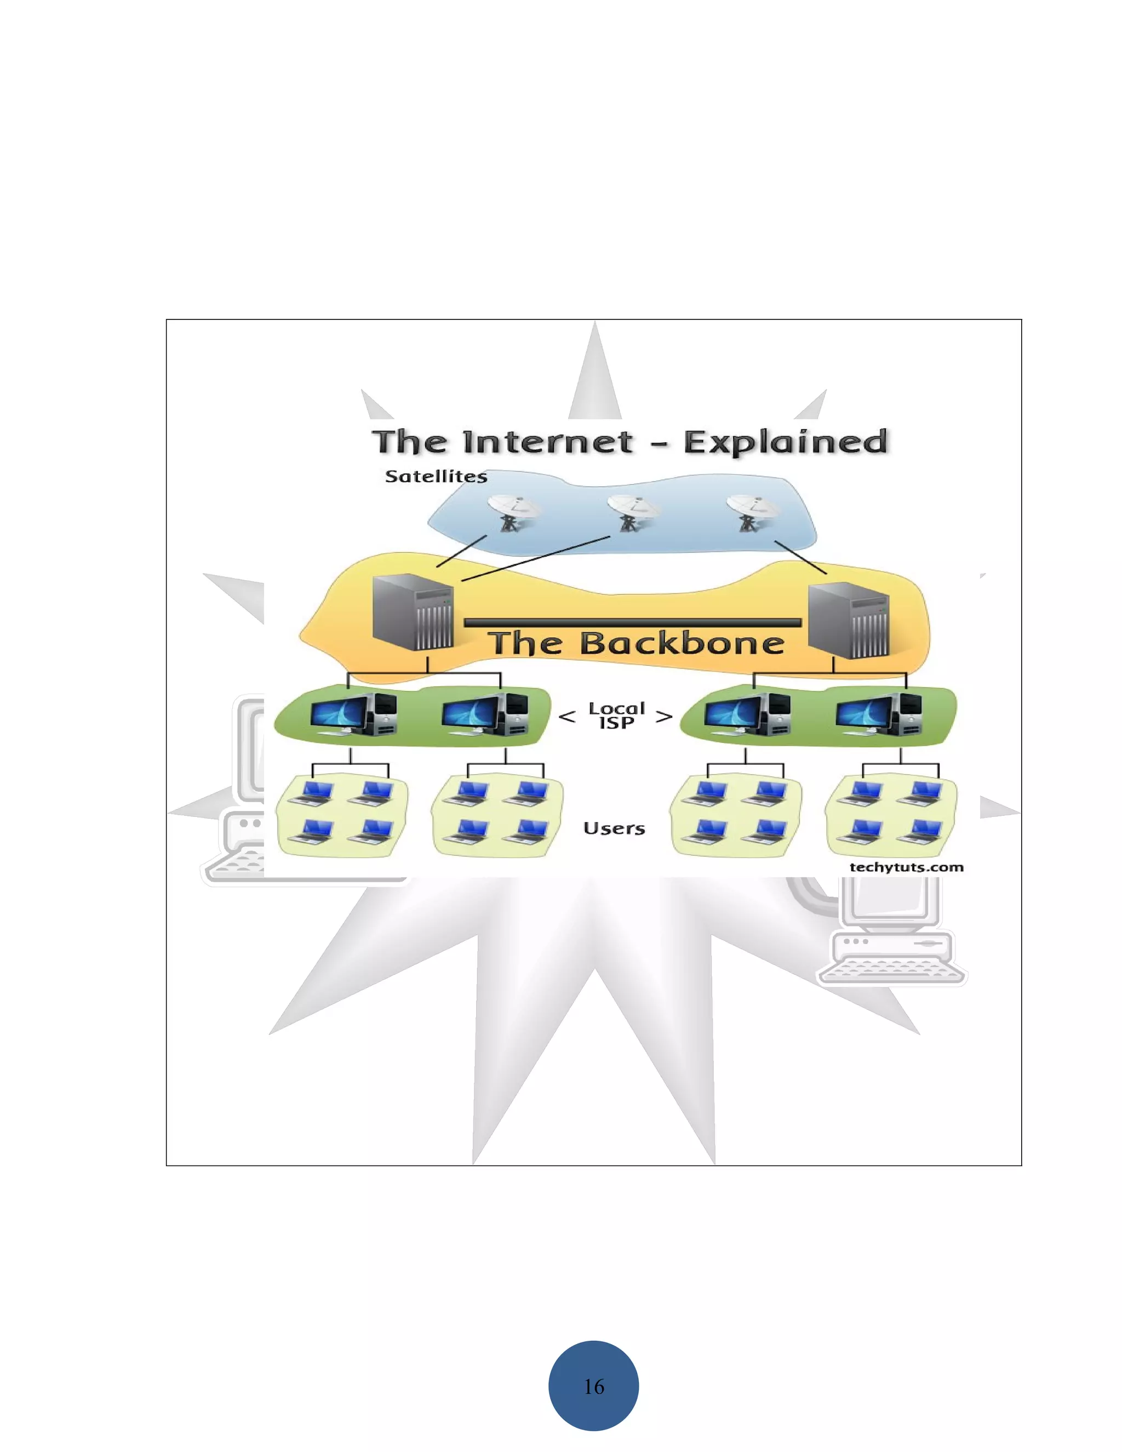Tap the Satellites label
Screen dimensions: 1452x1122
[436, 476]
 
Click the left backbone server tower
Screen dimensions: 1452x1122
[413, 613]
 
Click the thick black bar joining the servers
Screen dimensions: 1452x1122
[632, 623]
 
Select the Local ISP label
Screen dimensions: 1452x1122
[616, 716]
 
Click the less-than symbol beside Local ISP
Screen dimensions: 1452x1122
[567, 717]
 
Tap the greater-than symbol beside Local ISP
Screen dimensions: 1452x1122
[664, 717]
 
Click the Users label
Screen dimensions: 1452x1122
[614, 828]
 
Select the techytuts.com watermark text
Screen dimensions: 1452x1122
[906, 867]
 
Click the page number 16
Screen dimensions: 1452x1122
[593, 1386]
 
